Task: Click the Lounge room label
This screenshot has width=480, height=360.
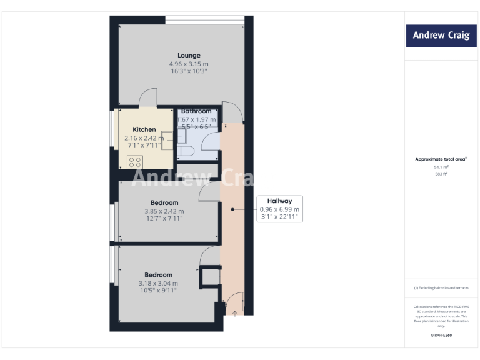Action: pyautogui.click(x=188, y=56)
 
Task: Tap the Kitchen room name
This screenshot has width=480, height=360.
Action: pyautogui.click(x=144, y=129)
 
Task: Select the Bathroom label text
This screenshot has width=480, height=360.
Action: pyautogui.click(x=196, y=111)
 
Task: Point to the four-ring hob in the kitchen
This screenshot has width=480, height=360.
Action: pyautogui.click(x=134, y=161)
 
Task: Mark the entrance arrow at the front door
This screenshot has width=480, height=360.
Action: pyautogui.click(x=234, y=313)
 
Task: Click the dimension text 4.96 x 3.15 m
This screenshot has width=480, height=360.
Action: pyautogui.click(x=188, y=64)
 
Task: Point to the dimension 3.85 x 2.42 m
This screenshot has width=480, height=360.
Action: pyautogui.click(x=164, y=211)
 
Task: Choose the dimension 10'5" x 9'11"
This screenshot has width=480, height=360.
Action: pyautogui.click(x=158, y=290)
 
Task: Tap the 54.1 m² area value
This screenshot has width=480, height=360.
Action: pyautogui.click(x=440, y=167)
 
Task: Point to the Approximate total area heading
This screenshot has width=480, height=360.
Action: pyautogui.click(x=440, y=159)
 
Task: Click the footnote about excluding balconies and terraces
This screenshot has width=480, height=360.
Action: pyautogui.click(x=440, y=287)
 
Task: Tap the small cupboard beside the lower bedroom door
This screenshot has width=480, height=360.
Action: pyautogui.click(x=209, y=277)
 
